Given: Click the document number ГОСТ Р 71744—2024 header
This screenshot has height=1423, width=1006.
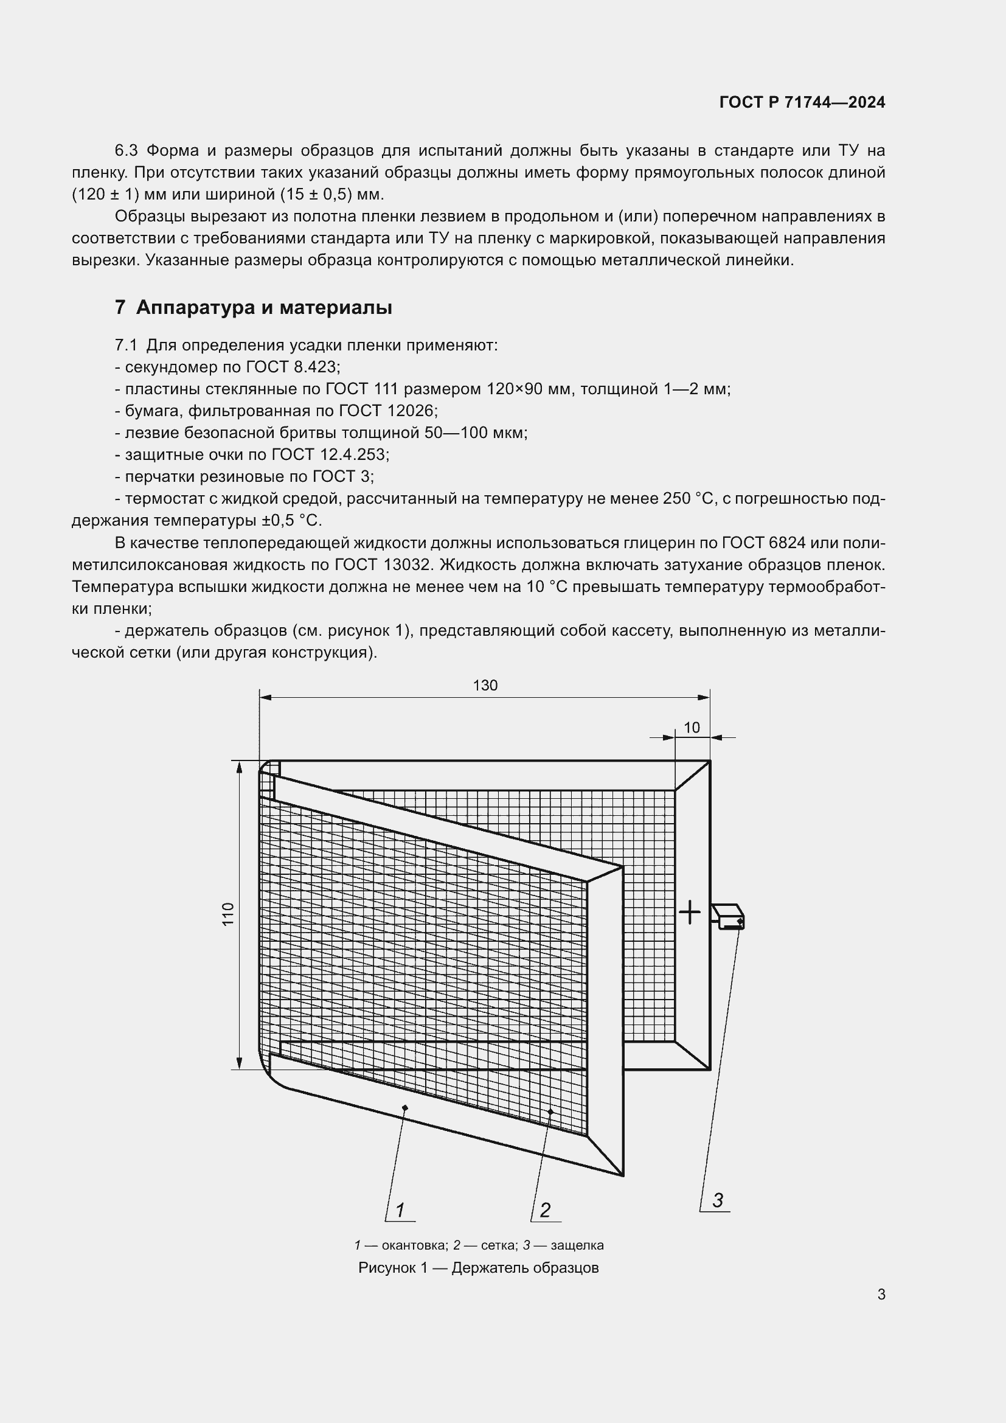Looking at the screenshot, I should tap(802, 102).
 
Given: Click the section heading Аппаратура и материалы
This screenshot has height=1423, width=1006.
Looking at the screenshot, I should tap(264, 307).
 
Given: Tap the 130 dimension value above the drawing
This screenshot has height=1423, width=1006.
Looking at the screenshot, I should tap(485, 685).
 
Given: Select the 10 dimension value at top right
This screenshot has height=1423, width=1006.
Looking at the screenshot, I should tap(692, 727).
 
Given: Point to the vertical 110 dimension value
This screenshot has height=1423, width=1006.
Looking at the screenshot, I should tap(229, 914).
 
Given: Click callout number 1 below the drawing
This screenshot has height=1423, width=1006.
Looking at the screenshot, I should tap(400, 1210).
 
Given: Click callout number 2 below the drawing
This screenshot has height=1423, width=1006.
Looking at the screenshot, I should tap(545, 1210).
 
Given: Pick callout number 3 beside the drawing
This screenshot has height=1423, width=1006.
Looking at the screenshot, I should tap(718, 1200).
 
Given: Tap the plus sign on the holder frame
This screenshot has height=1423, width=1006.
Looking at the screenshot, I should tap(690, 913).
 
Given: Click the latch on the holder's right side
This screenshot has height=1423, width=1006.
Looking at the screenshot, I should tap(729, 917).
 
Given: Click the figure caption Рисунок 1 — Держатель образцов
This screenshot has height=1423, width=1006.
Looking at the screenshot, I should tap(478, 1267).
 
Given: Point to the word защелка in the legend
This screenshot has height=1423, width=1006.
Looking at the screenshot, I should tap(577, 1245).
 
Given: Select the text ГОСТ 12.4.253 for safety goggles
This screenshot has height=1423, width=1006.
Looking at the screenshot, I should tap(330, 454).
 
